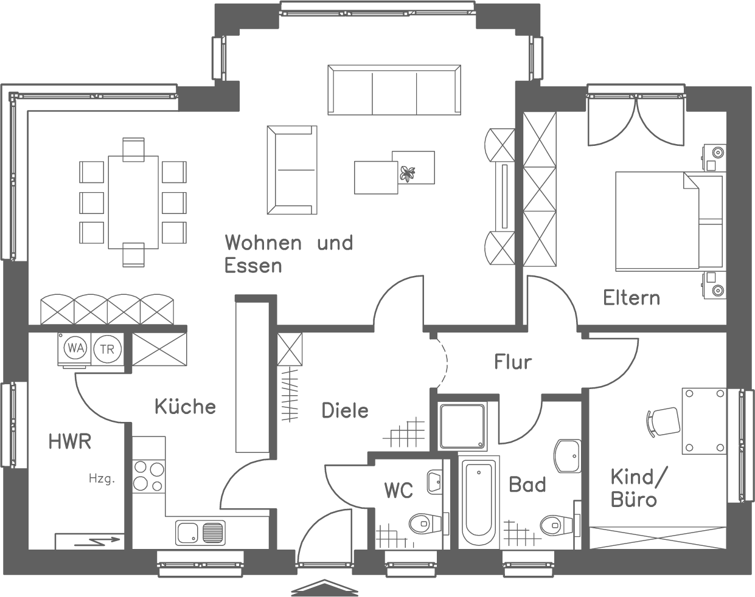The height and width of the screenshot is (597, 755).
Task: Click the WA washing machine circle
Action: click(x=75, y=348)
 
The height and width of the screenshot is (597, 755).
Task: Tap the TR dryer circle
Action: click(x=107, y=349)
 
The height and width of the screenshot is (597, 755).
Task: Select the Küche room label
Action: click(x=185, y=406)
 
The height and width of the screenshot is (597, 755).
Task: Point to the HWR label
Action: click(x=70, y=441)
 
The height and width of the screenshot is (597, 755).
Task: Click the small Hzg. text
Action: click(x=102, y=479)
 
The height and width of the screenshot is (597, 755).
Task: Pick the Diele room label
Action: click(x=345, y=410)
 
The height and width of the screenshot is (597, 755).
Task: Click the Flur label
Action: click(x=513, y=362)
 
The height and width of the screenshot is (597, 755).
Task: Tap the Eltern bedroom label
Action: click(x=631, y=298)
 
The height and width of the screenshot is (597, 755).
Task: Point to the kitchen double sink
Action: click(x=200, y=533)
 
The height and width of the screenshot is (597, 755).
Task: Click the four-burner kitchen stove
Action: click(x=149, y=476)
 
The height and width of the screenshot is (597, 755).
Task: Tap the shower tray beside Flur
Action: click(x=463, y=426)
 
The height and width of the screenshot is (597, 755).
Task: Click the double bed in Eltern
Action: click(x=669, y=221)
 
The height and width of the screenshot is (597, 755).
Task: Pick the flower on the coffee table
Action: click(x=407, y=174)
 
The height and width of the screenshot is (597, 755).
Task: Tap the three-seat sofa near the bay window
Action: click(x=394, y=90)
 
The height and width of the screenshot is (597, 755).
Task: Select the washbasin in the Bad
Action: click(x=567, y=455)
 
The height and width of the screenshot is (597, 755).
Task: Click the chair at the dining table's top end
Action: click(x=133, y=150)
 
